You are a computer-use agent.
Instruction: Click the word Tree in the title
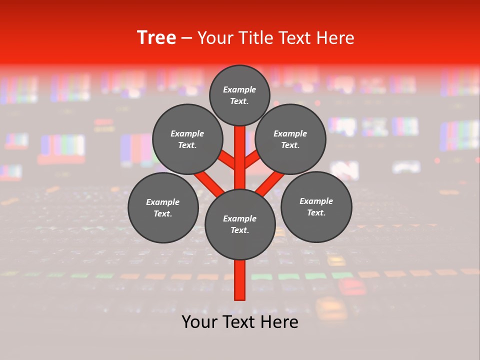click(x=156, y=38)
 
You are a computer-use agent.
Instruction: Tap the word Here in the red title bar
click(x=335, y=38)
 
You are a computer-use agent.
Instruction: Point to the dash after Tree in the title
click(x=186, y=38)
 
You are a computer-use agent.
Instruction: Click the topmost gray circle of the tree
click(x=239, y=95)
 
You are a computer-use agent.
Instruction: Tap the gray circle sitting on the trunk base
click(x=240, y=224)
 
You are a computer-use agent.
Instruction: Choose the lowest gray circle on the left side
click(x=163, y=207)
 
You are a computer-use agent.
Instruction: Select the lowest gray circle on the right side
click(x=316, y=206)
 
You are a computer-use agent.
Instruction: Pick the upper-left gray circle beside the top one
click(x=187, y=139)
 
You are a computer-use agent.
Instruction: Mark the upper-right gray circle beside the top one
click(x=290, y=139)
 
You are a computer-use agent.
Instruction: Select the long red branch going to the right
click(x=270, y=182)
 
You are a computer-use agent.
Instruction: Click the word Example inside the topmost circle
click(x=239, y=90)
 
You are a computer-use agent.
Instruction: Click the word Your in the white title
click(x=215, y=38)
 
